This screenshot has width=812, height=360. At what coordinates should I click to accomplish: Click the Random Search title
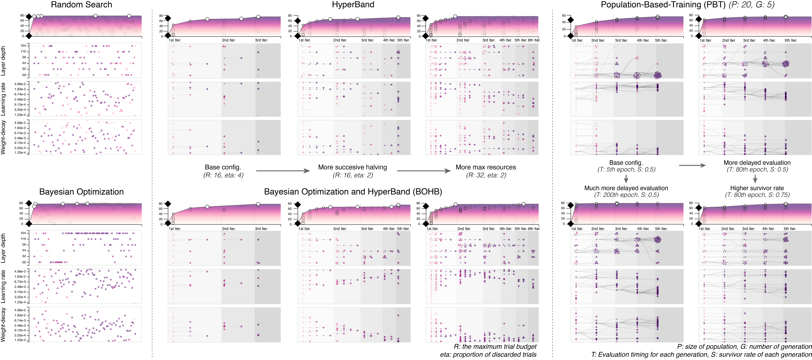tap(81, 5)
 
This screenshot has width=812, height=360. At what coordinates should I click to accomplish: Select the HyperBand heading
tap(353, 5)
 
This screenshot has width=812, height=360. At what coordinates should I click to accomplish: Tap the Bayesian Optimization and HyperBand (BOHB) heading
tap(353, 192)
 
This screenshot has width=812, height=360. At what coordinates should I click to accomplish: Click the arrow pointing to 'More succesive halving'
tap(283, 171)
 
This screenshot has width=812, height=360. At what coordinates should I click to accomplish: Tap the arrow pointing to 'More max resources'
tap(423, 171)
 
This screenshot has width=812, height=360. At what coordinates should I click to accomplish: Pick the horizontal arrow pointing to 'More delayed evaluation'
tap(692, 165)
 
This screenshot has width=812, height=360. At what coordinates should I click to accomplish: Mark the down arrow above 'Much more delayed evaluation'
tap(626, 179)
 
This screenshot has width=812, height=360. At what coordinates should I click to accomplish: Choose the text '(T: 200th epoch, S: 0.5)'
tap(626, 195)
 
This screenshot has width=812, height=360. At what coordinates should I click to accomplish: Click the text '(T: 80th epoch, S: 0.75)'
tap(757, 195)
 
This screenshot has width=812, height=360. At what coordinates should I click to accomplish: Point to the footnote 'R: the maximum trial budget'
tap(495, 346)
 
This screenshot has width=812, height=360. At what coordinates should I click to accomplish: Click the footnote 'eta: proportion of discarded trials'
tap(488, 355)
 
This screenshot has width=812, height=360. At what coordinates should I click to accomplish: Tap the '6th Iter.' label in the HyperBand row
tap(534, 40)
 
